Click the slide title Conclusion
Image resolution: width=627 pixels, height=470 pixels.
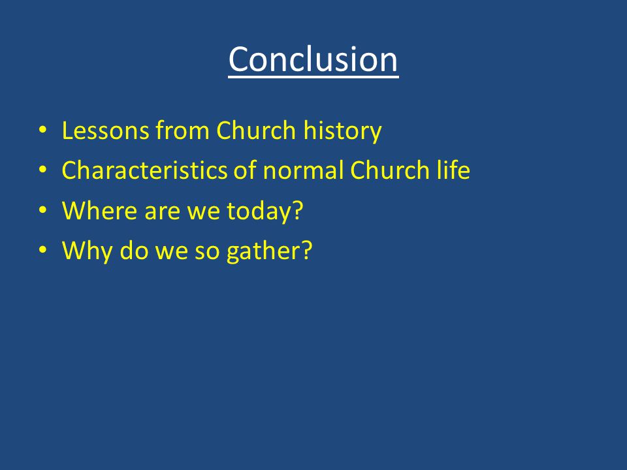coord(313,59)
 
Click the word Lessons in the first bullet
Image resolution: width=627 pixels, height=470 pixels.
coord(105,131)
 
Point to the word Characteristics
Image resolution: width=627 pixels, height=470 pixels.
coord(144,170)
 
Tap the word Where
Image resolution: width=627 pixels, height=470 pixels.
coord(99,210)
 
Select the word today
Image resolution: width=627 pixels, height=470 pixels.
coord(259,211)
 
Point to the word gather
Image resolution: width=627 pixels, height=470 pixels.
coord(263,251)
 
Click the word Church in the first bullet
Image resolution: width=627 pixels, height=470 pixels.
coord(256,131)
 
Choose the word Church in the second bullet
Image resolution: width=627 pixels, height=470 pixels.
coord(389,170)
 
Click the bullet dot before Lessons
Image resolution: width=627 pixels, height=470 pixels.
coord(43,129)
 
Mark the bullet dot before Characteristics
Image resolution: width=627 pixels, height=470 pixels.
coord(43,170)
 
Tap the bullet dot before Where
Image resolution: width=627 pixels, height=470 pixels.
coord(43,210)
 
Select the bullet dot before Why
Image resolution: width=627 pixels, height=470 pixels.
coord(43,249)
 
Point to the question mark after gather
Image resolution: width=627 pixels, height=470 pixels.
coord(306,250)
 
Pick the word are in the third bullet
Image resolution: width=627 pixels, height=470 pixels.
coord(163,213)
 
